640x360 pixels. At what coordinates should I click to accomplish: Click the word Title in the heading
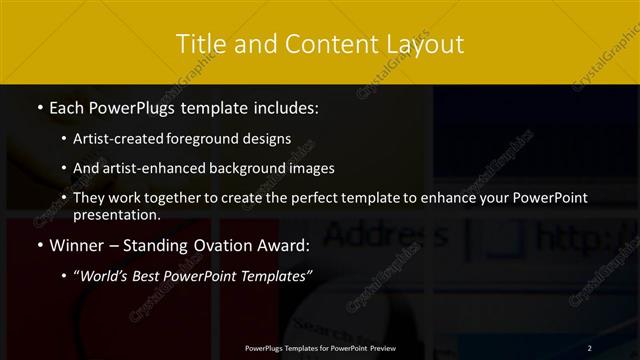pos(200,44)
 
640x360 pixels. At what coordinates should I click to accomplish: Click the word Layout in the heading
pos(425,44)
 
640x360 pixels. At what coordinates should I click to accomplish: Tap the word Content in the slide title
pos(325,44)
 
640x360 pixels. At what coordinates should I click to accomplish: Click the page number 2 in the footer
pos(590,347)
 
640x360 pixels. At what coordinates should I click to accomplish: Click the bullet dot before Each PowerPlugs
pos(39,106)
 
